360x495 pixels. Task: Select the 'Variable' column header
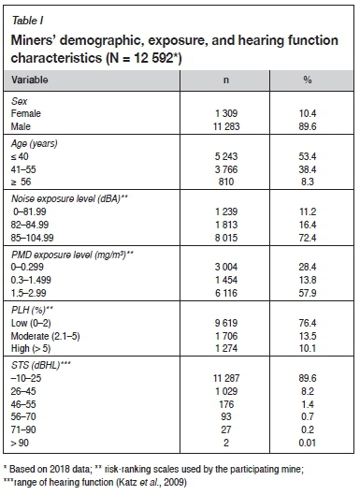34,81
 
